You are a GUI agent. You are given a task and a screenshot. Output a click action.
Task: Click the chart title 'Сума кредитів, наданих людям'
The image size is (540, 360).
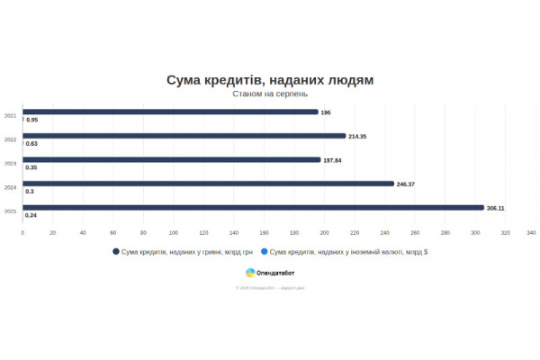click(x=270, y=80)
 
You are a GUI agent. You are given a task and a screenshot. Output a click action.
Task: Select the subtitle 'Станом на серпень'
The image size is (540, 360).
click(x=270, y=94)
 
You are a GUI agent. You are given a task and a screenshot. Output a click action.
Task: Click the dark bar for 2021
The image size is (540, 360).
click(x=171, y=112)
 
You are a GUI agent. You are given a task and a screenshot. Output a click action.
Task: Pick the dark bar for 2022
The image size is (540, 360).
click(x=184, y=136)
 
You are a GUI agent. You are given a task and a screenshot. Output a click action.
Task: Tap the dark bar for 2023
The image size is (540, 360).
click(x=172, y=159)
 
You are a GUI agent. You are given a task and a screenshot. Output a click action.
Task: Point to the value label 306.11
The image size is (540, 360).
click(x=495, y=208)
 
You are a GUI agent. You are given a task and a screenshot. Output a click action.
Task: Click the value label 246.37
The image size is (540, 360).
click(x=405, y=184)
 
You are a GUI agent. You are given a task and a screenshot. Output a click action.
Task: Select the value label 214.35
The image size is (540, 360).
click(x=357, y=136)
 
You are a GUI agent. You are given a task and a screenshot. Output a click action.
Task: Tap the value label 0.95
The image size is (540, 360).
click(x=31, y=120)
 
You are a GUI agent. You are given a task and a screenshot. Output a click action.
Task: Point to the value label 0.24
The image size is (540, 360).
click(x=31, y=215)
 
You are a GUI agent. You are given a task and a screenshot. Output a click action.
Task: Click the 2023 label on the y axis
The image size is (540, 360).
click(x=10, y=163)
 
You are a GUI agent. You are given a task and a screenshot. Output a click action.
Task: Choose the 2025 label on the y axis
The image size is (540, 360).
click(x=10, y=211)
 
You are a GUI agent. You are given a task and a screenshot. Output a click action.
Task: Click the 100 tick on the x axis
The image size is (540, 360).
click(x=174, y=232)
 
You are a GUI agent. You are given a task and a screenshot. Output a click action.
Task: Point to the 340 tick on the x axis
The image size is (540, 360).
click(x=531, y=232)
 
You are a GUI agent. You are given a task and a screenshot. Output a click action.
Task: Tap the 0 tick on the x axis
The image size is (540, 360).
click(x=22, y=232)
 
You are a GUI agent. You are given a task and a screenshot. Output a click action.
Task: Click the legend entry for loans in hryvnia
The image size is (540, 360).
click(x=184, y=252)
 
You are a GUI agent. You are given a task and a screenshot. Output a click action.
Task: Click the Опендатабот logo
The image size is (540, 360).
click(x=270, y=272)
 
